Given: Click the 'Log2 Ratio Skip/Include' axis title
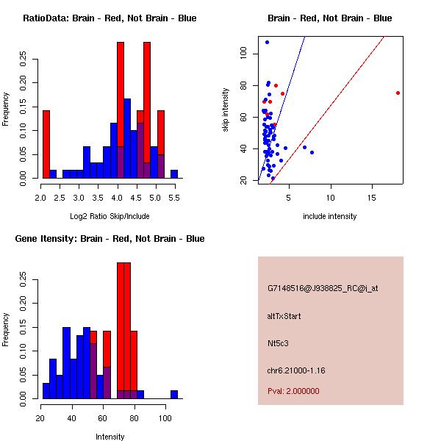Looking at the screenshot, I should [x=110, y=216].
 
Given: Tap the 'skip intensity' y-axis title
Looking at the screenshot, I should [x=226, y=110].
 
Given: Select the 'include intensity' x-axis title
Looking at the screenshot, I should [x=330, y=216].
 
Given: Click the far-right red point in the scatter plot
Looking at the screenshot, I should [x=398, y=93].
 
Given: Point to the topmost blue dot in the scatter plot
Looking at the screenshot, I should [x=267, y=42].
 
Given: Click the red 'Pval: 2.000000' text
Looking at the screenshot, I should [x=293, y=391].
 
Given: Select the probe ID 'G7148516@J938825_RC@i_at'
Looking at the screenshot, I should [x=323, y=289].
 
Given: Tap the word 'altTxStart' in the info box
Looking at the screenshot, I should [x=284, y=316].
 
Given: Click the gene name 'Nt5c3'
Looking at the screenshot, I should [x=277, y=343].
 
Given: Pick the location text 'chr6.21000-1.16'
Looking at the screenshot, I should [x=295, y=369].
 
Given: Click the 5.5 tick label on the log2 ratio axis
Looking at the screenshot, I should [x=173, y=197].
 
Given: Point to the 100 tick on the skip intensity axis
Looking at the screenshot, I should [x=243, y=54].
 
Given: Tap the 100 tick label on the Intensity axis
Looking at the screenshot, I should [x=165, y=417].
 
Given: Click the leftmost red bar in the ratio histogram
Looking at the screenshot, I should [x=46, y=144].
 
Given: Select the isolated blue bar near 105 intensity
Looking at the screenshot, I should [x=174, y=394].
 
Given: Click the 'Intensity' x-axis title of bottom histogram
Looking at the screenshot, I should [x=110, y=437].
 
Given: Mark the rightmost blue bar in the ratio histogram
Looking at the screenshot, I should [x=174, y=174].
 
